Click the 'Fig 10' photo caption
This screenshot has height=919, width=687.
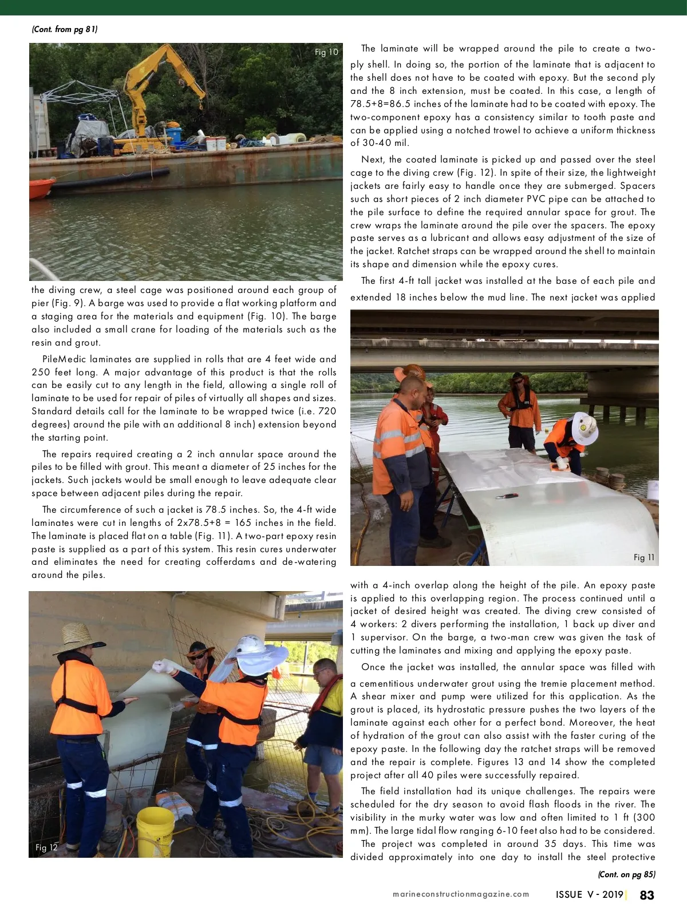click(x=326, y=52)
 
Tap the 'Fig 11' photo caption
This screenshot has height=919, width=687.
click(x=644, y=557)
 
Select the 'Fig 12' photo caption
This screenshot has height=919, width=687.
click(x=46, y=847)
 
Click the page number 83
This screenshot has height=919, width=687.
click(x=647, y=895)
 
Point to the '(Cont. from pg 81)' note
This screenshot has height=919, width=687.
click(x=65, y=29)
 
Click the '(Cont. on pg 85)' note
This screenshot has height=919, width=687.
click(x=626, y=874)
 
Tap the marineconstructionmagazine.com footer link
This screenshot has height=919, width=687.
click(x=461, y=894)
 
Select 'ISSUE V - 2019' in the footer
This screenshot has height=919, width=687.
click(x=589, y=895)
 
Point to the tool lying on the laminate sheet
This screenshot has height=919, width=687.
click(x=506, y=496)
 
